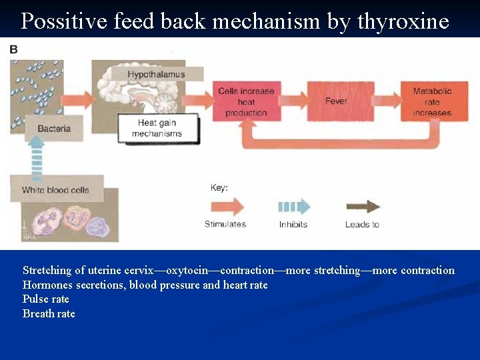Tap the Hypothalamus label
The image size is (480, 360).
click(156, 74)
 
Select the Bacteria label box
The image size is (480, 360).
click(54, 129)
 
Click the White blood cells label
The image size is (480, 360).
click(55, 190)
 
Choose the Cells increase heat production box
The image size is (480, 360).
click(246, 102)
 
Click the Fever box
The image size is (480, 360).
click(336, 101)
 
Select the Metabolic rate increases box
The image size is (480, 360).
click(432, 102)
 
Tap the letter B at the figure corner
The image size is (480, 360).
click(14, 49)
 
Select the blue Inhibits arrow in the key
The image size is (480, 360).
click(293, 206)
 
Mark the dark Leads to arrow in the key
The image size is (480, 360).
click(362, 206)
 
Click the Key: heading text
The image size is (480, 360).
click(219, 188)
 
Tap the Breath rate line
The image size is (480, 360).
click(49, 314)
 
